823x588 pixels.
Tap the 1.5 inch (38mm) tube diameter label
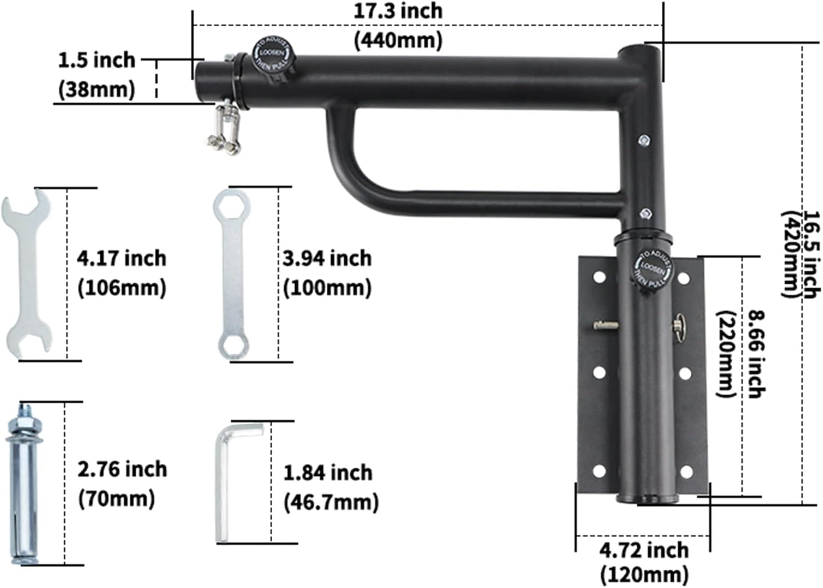click(97, 75)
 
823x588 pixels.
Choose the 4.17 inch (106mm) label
click(121, 273)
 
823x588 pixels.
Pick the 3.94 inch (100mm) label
click(327, 273)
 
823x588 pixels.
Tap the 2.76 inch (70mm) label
click(122, 484)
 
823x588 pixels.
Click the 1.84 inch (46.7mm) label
click(330, 487)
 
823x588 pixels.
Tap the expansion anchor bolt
click(23, 484)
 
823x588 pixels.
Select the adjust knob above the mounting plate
click(652, 269)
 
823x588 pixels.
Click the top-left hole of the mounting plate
click(599, 277)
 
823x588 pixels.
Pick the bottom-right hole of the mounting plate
click(686, 472)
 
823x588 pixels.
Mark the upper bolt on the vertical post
click(644, 140)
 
